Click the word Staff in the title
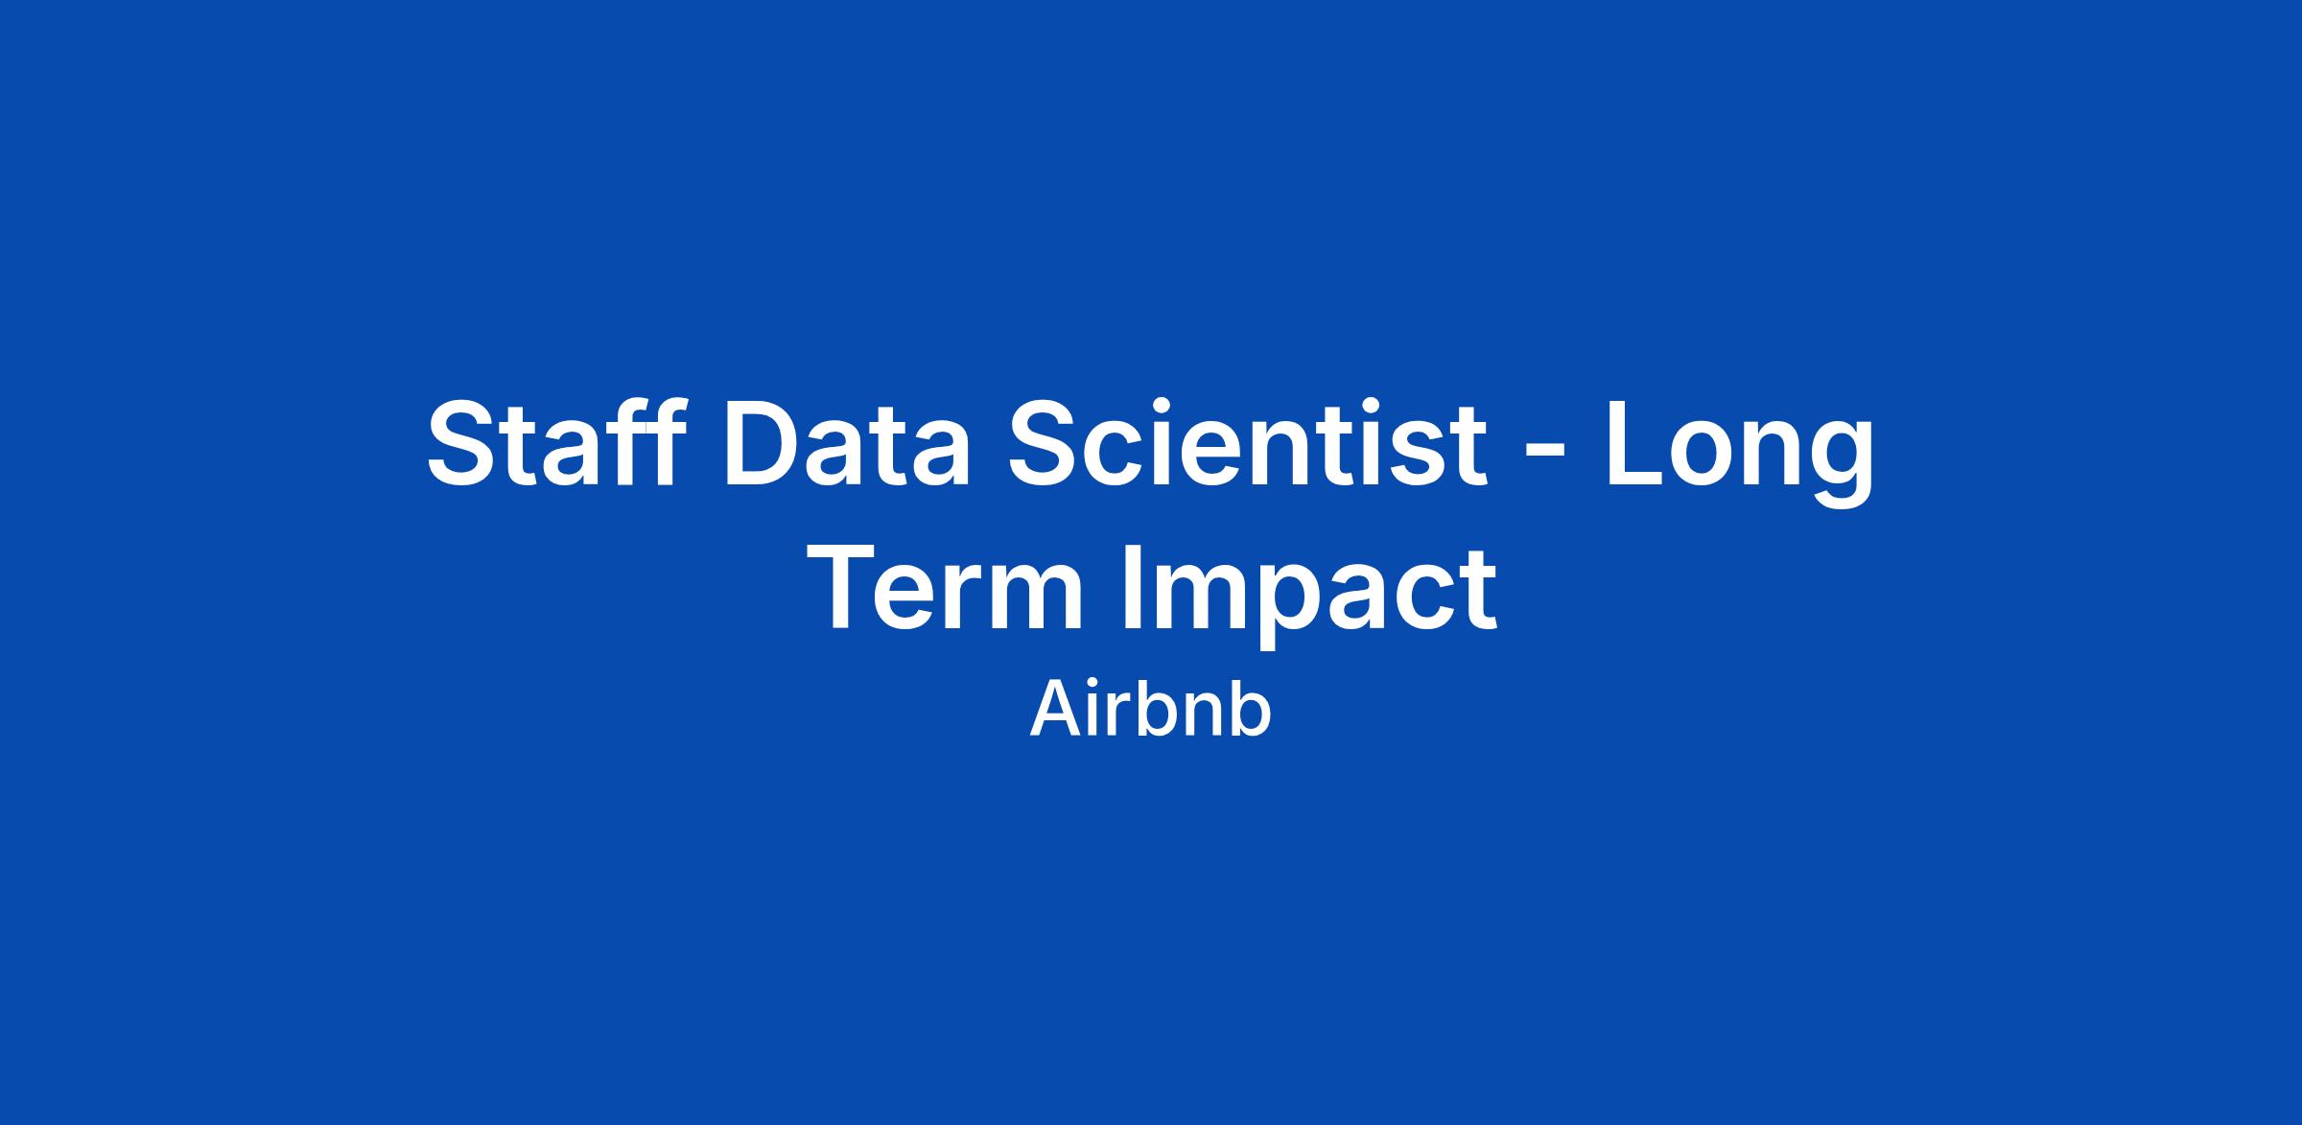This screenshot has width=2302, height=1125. pyautogui.click(x=556, y=442)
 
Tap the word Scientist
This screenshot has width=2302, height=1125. pyautogui.click(x=1248, y=442)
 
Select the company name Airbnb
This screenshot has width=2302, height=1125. pyautogui.click(x=1151, y=709)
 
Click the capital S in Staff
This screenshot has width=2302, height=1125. pyautogui.click(x=467, y=442)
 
